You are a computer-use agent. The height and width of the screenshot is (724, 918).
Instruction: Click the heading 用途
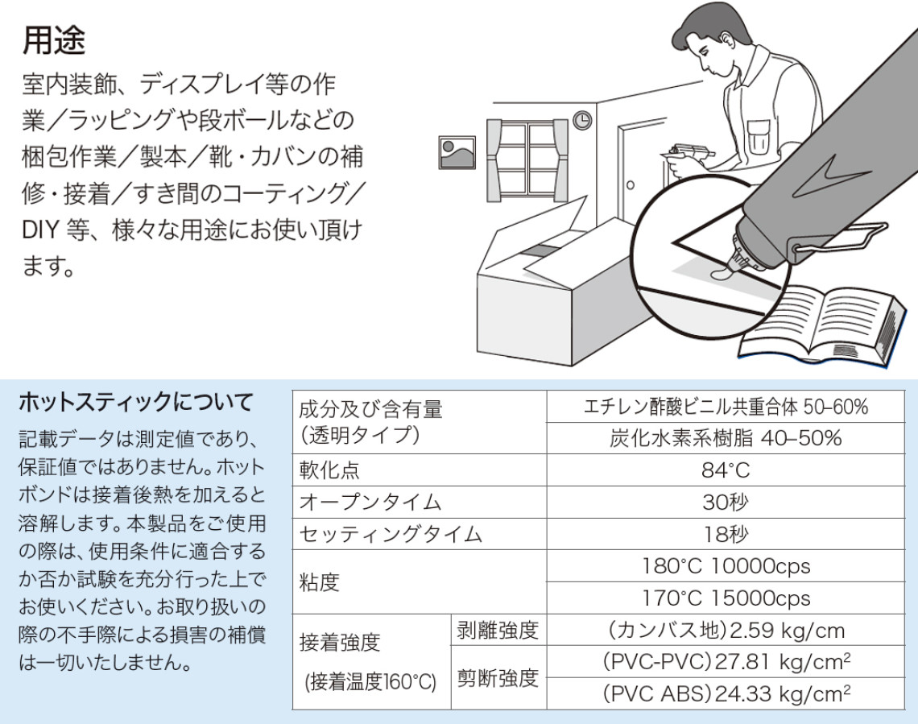(x=54, y=40)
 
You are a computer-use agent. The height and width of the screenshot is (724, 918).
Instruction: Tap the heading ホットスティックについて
(x=136, y=402)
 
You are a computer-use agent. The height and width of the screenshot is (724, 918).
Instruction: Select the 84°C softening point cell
(x=726, y=470)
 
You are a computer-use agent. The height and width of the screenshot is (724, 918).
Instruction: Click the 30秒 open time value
(x=726, y=503)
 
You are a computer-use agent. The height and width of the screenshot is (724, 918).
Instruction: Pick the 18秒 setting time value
(x=726, y=534)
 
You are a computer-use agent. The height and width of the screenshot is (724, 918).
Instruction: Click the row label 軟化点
(x=329, y=470)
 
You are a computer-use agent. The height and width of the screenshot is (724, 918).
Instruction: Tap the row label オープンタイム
(x=370, y=503)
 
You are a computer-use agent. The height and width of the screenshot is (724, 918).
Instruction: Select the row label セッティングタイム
(x=391, y=535)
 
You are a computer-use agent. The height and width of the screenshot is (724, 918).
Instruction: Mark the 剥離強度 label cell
(x=498, y=630)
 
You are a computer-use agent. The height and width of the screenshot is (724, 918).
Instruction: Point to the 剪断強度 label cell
(x=498, y=678)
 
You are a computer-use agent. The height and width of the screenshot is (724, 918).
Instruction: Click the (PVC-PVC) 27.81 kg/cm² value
(x=726, y=662)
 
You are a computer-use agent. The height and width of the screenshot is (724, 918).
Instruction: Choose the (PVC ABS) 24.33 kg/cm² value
(x=726, y=694)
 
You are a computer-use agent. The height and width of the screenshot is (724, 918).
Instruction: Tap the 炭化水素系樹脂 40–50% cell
(x=726, y=438)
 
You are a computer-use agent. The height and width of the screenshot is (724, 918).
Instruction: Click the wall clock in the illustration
(x=582, y=120)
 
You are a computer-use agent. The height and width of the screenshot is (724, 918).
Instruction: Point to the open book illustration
(x=823, y=327)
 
